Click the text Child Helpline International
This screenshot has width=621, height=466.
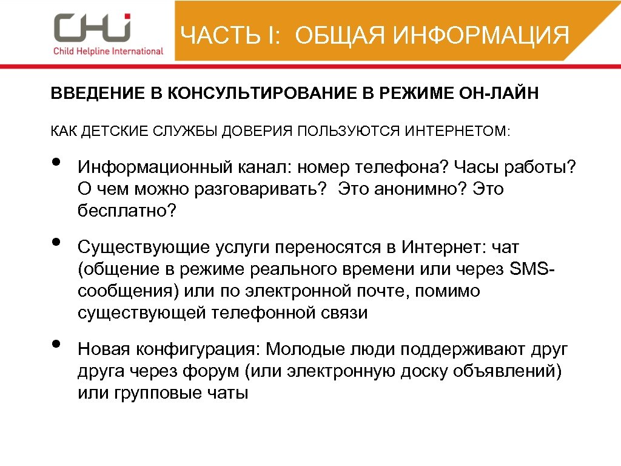109,51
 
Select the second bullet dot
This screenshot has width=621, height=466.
56,242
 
